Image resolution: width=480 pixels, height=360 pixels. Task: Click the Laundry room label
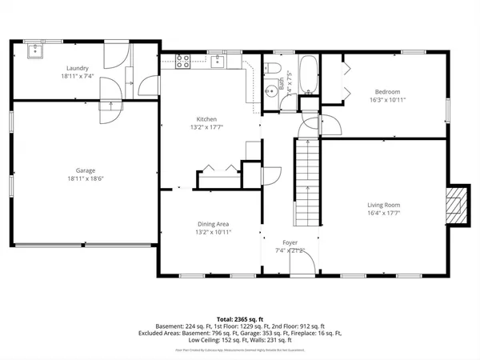pos(78,68)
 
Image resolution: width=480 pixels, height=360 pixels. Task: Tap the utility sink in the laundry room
pos(34,51)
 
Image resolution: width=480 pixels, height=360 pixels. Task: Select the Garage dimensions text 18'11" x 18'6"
pos(86,178)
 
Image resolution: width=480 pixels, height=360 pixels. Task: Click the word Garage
pos(86,170)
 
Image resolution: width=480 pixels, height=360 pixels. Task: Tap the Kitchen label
pos(202,118)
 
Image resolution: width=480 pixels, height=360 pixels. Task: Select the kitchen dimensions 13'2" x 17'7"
pos(202,126)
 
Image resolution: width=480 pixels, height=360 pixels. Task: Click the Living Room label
pos(385,205)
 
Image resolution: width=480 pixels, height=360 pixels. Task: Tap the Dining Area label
pos(214,224)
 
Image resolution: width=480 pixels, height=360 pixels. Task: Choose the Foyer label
pos(290,242)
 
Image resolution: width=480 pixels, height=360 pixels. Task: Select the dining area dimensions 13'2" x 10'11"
pos(214,232)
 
